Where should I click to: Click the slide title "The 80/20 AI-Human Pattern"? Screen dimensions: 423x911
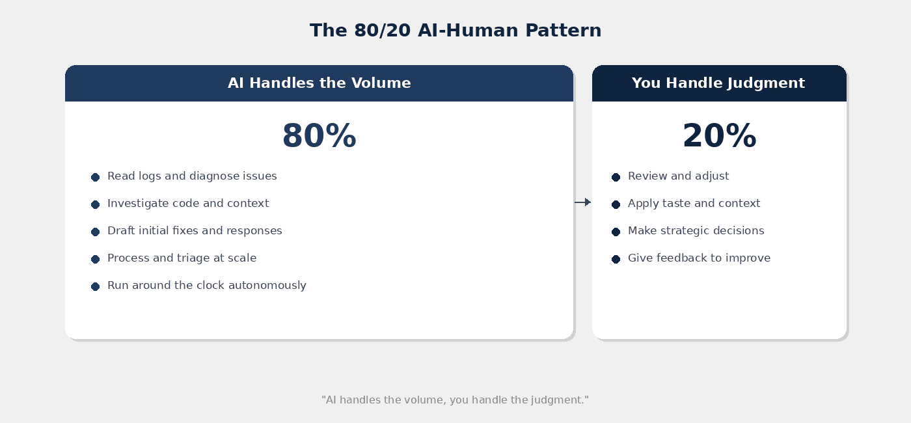point(455,31)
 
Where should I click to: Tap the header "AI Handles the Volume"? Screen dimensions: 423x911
point(319,83)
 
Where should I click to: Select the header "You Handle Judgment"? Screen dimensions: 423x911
point(718,83)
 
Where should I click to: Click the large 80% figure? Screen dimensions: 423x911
point(319,137)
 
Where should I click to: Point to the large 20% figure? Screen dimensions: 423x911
point(719,137)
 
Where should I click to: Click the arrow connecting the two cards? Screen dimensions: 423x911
point(582,202)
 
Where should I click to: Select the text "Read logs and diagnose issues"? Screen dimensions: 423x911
point(192,176)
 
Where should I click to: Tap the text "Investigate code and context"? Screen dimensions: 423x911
point(188,204)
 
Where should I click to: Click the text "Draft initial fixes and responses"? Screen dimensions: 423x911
point(195,231)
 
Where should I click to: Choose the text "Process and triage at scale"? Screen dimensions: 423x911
point(182,258)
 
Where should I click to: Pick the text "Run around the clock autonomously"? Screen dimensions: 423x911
point(206,286)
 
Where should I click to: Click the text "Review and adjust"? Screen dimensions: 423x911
point(678,176)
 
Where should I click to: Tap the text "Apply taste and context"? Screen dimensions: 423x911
point(694,204)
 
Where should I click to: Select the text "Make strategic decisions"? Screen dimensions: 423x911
point(696,231)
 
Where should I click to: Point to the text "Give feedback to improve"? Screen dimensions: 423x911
point(699,258)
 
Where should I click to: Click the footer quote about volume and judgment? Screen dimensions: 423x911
point(455,400)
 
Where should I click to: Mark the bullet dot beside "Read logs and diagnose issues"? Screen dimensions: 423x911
point(95,177)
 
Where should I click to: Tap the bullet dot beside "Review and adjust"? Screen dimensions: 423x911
point(616,177)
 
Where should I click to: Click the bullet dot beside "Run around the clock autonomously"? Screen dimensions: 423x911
point(95,286)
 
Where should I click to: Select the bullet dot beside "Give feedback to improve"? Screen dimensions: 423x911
point(616,259)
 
